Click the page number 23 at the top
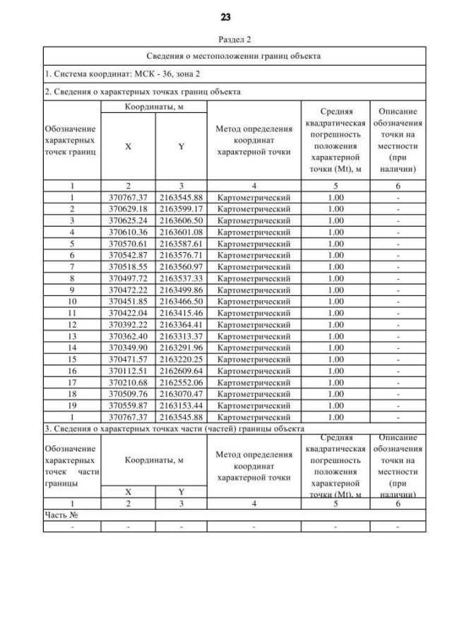(x=226, y=16)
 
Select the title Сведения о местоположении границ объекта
(x=234, y=56)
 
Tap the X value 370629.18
(x=128, y=209)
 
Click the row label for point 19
(x=72, y=405)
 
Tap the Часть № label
(x=61, y=515)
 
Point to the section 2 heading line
(x=142, y=92)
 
